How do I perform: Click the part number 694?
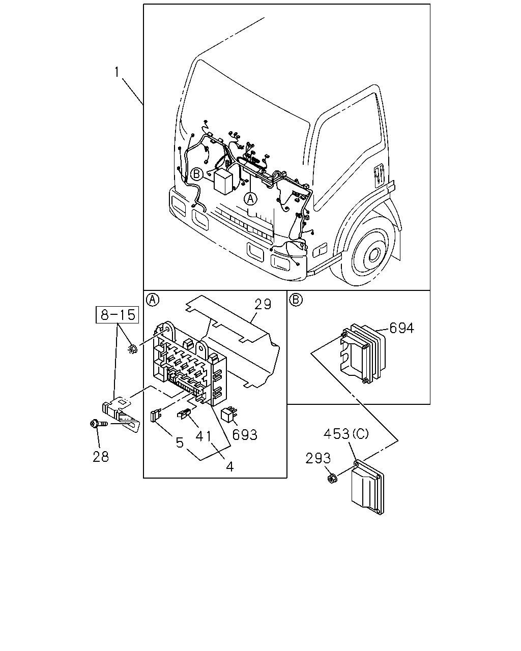[401, 328]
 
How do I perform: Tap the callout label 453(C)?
[346, 434]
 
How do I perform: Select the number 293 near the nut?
[317, 458]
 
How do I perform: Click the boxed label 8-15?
[118, 315]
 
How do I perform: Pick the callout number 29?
[263, 304]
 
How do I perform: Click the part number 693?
[245, 435]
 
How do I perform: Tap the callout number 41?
[204, 436]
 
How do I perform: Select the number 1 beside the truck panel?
[117, 72]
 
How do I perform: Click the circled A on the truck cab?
[250, 199]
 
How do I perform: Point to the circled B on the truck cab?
[197, 174]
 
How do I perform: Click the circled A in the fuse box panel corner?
[152, 300]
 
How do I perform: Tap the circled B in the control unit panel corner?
[296, 300]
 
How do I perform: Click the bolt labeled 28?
[99, 424]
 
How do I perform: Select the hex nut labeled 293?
[332, 478]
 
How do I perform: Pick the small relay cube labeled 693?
[229, 415]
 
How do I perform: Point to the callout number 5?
[180, 442]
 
